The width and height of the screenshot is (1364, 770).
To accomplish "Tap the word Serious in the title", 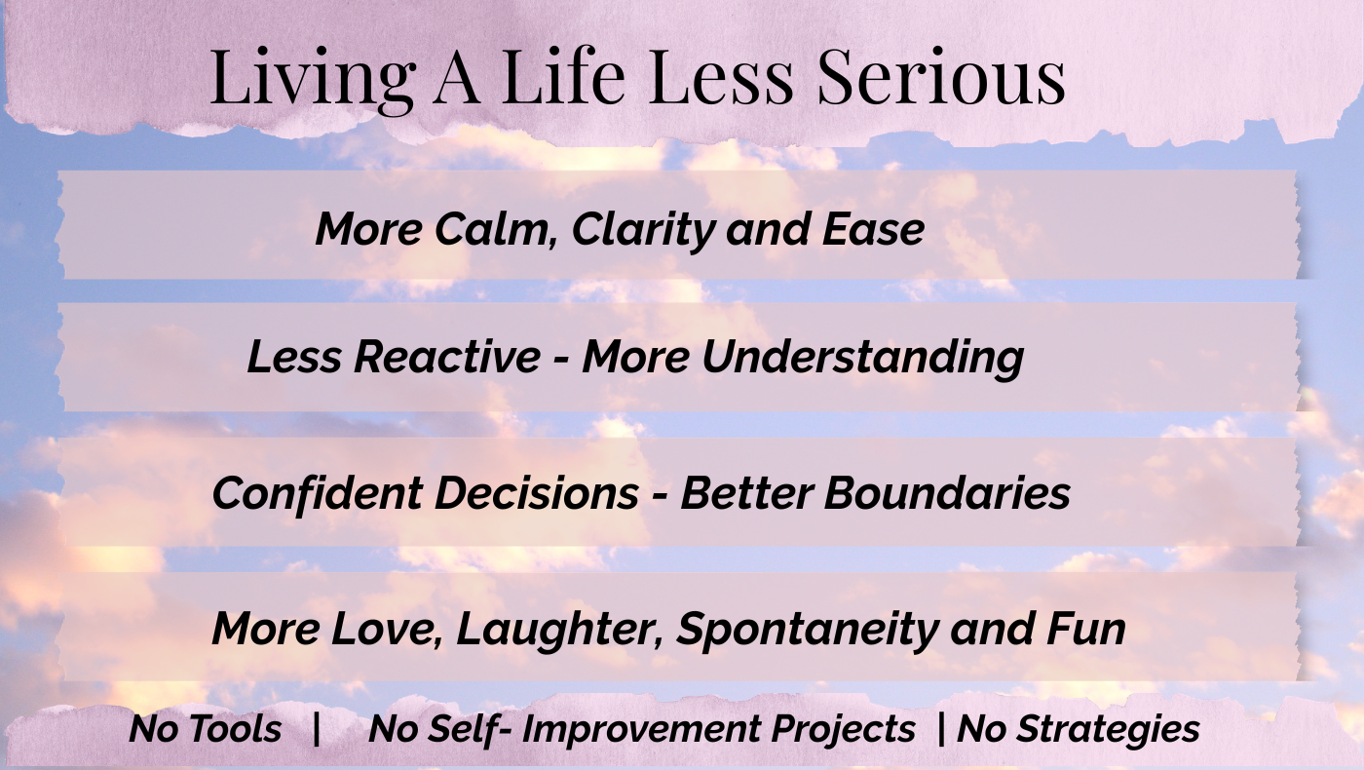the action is (x=941, y=76).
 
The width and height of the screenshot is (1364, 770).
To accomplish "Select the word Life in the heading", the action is (x=564, y=76).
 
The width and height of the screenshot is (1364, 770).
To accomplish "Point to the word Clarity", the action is (x=644, y=231).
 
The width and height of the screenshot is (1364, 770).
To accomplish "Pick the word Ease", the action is (x=873, y=230).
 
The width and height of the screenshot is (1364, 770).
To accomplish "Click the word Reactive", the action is (x=447, y=357).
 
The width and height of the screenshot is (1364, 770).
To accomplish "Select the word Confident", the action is (x=318, y=492).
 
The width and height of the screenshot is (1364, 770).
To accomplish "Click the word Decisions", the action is (x=537, y=493).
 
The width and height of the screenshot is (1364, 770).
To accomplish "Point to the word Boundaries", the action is (x=947, y=492).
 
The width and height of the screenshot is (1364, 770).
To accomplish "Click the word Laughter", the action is (x=559, y=630).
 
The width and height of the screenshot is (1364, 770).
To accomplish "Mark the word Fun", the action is (x=1085, y=628).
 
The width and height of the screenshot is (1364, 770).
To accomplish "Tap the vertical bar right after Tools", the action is (x=316, y=729).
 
